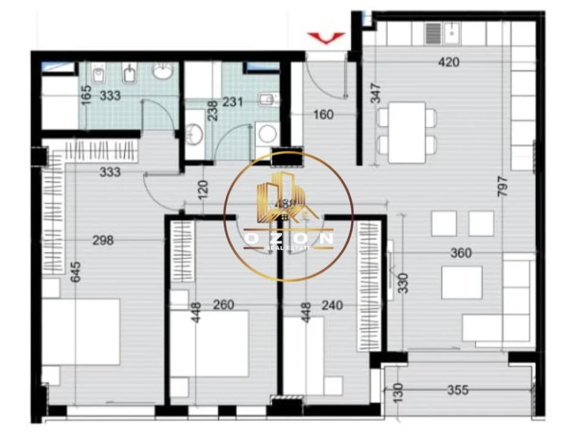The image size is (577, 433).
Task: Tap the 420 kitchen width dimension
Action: point(449,62)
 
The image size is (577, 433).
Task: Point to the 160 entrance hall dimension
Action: point(323,114)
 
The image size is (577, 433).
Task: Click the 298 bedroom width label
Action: point(103,240)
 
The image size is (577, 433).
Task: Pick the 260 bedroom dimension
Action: point(224,305)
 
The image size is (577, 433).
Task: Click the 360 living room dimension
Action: point(461,253)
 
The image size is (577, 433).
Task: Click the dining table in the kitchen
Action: point(406,132)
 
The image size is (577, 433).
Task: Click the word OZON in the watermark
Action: point(288,239)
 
